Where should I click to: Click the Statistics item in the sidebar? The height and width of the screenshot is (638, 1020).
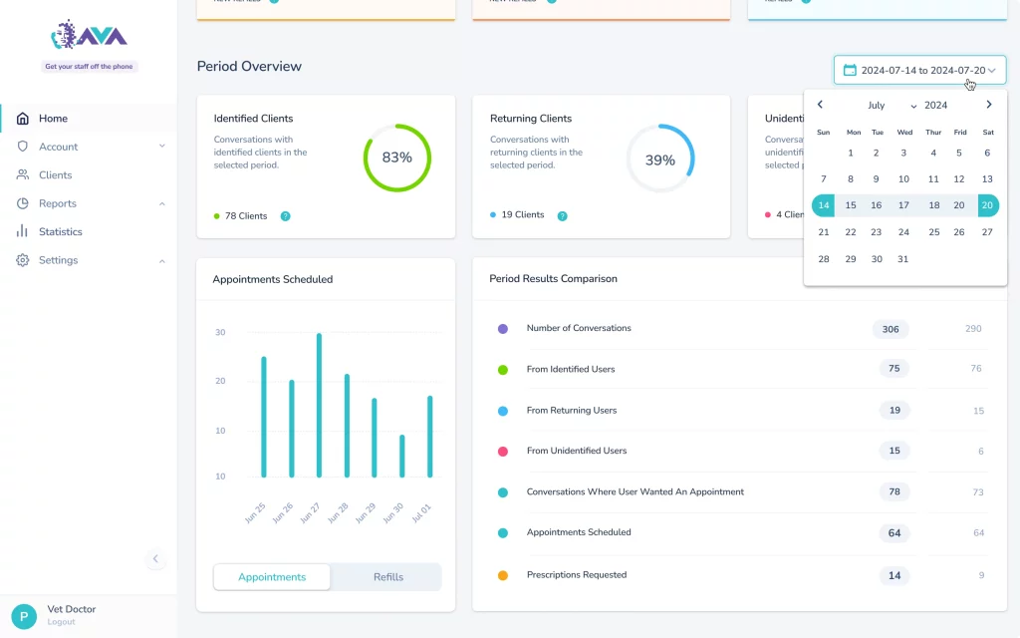[60, 231]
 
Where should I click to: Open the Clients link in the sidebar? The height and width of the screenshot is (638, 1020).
[55, 174]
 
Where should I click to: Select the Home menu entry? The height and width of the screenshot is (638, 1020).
[53, 119]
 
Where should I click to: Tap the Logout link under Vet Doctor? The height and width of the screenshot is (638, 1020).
[61, 622]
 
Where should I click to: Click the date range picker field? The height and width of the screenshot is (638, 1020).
[919, 70]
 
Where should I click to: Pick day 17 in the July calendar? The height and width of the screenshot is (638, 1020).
[903, 205]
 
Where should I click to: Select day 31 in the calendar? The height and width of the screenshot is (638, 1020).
[902, 259]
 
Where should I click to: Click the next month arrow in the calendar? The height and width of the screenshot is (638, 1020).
[988, 105]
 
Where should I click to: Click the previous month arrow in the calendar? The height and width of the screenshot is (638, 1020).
[820, 105]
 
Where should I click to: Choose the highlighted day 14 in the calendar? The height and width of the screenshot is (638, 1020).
[823, 205]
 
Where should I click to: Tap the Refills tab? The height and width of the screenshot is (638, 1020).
[387, 577]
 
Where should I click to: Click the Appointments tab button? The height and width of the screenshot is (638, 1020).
[272, 577]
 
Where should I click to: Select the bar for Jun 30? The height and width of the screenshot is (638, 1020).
[401, 456]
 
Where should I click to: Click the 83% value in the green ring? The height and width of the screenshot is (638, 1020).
[396, 158]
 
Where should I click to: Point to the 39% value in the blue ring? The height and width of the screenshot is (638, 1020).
[660, 159]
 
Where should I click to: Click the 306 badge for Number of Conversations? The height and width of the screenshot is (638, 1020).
[890, 329]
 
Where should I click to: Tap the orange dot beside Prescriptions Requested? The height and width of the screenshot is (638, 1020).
[503, 575]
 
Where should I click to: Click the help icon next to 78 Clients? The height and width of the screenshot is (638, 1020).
[285, 215]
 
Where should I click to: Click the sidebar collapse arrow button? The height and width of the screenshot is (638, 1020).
[155, 559]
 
